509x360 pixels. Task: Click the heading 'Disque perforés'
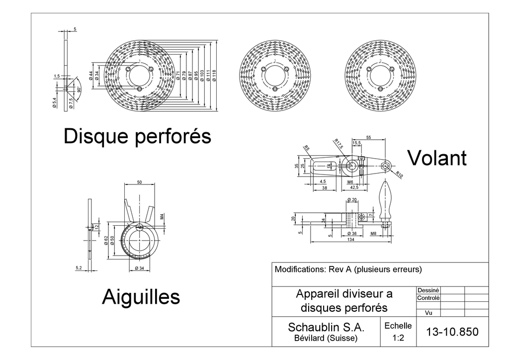[137, 136]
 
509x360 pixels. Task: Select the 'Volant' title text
[437, 158]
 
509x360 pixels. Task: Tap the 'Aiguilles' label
[141, 297]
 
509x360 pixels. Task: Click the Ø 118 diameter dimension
[214, 76]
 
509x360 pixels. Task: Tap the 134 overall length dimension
[350, 240]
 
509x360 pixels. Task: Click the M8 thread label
[373, 233]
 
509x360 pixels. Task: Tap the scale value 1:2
[398, 338]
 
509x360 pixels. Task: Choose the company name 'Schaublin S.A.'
[326, 328]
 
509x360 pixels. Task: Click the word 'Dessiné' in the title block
[428, 290]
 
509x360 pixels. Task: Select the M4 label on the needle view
[162, 217]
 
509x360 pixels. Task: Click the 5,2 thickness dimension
[79, 268]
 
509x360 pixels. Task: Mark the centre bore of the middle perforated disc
[275, 76]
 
